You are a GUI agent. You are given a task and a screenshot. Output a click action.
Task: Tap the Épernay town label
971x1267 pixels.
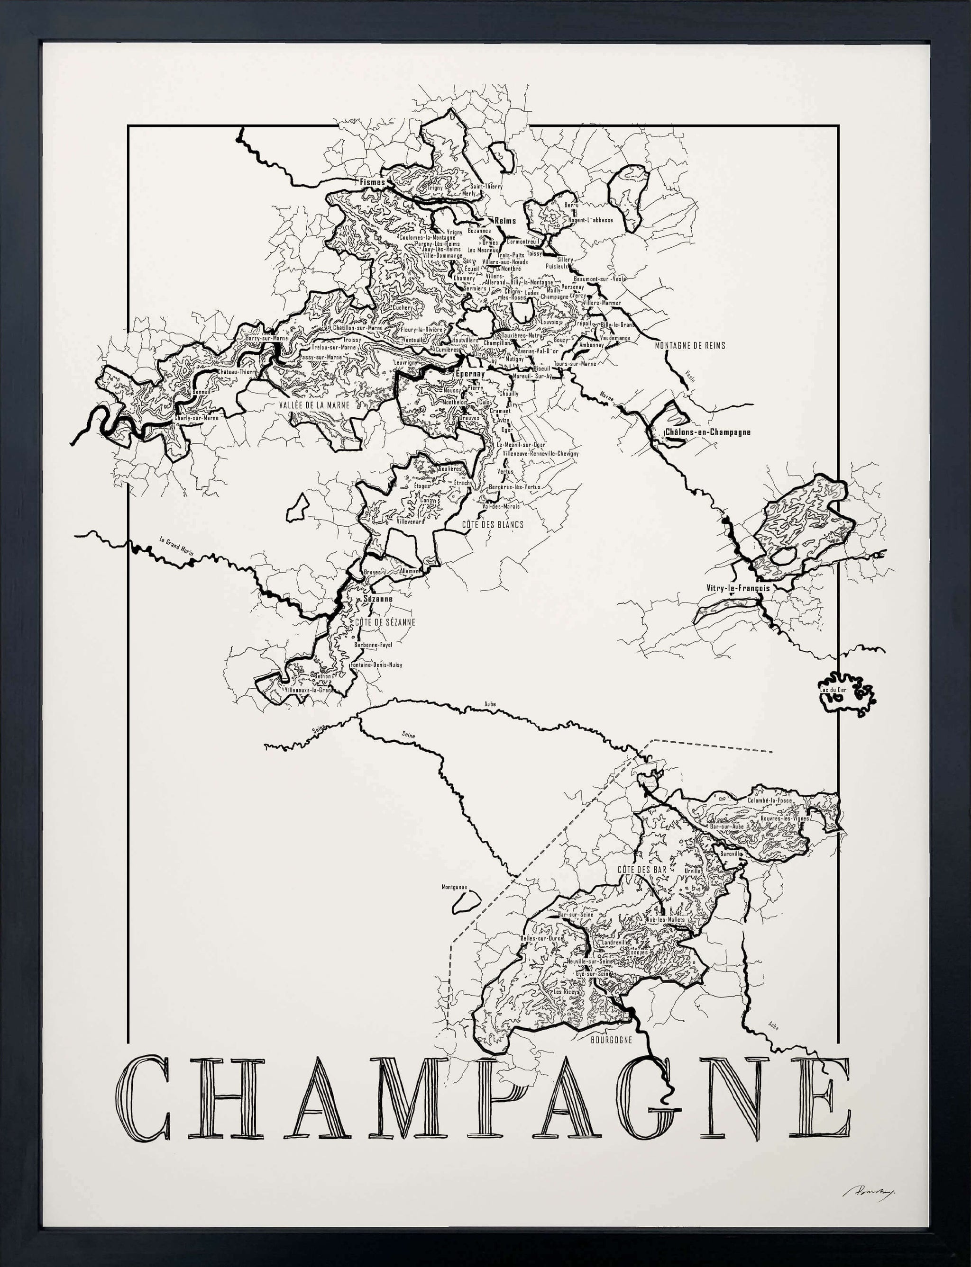(x=469, y=374)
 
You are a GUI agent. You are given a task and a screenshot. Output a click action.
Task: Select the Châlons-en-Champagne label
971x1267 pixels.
(x=707, y=432)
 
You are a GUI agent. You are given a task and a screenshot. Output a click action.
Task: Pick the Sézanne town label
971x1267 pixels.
(x=378, y=599)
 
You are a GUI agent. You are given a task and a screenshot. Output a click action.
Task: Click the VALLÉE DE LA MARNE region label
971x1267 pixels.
(x=314, y=405)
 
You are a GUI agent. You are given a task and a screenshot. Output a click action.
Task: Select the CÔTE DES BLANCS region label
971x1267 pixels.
(x=493, y=524)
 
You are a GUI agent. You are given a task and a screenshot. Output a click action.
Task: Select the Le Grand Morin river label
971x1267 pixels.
(x=176, y=546)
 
